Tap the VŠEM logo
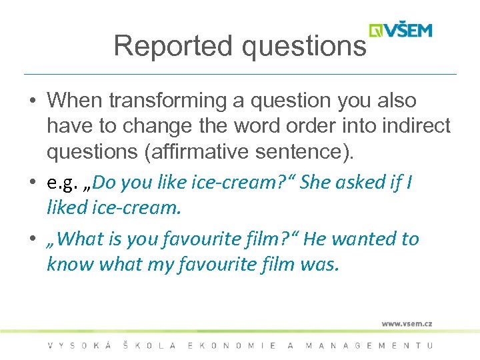click(401, 30)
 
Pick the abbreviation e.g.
click(63, 183)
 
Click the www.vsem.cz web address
click(407, 323)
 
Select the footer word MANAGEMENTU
click(369, 345)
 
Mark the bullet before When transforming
click(33, 101)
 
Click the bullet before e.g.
click(33, 183)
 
